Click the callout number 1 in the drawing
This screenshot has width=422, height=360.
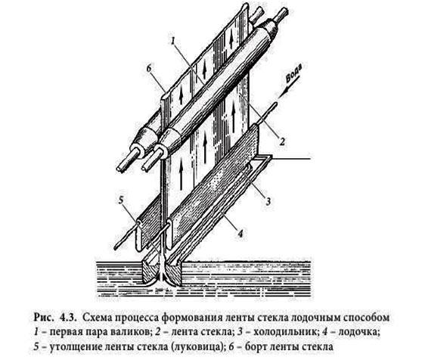point(172,42)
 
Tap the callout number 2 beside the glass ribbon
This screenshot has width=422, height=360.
point(282,141)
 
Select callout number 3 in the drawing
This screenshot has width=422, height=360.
point(268,201)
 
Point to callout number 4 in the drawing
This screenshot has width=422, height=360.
point(240,233)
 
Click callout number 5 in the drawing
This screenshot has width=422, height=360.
point(121,200)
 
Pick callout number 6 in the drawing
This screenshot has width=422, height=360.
point(150,69)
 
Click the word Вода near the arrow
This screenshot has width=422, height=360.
point(296,73)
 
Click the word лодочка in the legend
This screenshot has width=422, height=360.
point(358,332)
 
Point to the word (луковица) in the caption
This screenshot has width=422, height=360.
point(198,346)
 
